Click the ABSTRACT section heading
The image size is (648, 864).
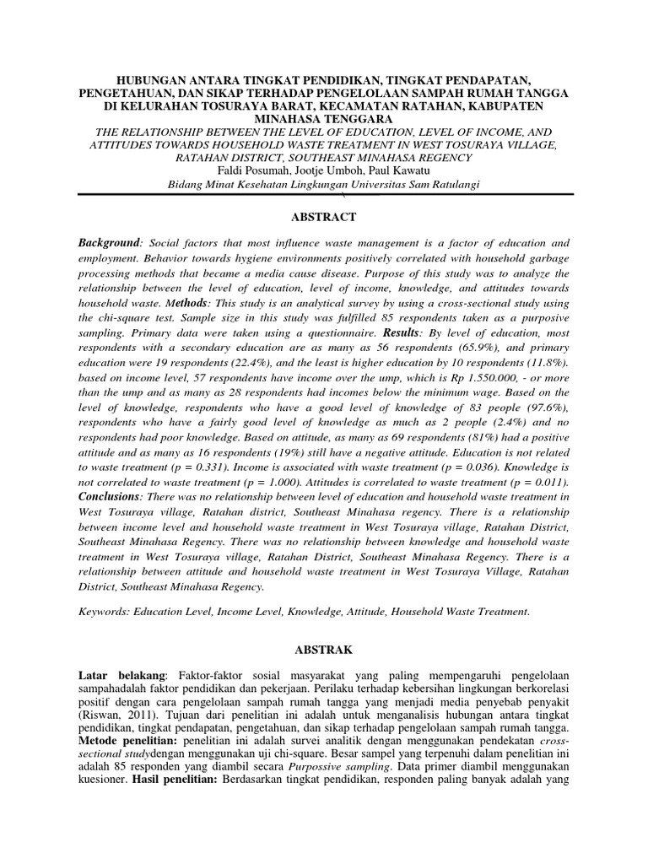coord(324,217)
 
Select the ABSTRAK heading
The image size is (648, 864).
coord(324,651)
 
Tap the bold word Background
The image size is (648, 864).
coord(107,242)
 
